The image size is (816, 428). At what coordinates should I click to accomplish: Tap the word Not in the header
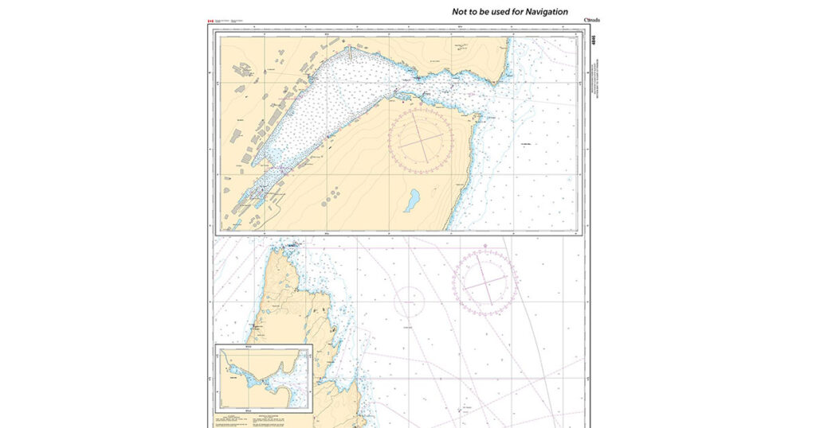coord(460,12)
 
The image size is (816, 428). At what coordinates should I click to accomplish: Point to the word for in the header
coord(516,12)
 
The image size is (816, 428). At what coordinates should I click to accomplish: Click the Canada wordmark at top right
coord(591,20)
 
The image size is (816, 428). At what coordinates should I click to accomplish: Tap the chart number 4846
coord(594,40)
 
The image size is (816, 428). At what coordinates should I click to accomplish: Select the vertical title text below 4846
coord(594,76)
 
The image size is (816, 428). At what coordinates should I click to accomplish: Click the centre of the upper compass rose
coord(420,141)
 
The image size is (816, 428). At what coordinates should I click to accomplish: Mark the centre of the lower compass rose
coord(485,282)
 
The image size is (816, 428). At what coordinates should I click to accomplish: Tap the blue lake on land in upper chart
coord(411,200)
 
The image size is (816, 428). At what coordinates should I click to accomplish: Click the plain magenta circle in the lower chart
coord(409,302)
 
